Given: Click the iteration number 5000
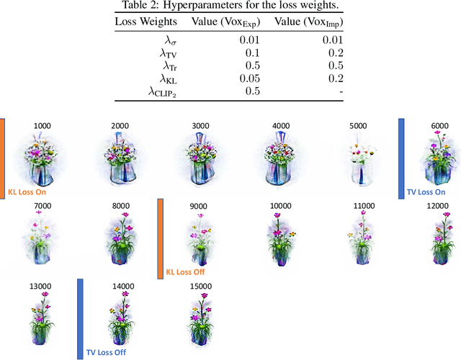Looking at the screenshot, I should [357, 126].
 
